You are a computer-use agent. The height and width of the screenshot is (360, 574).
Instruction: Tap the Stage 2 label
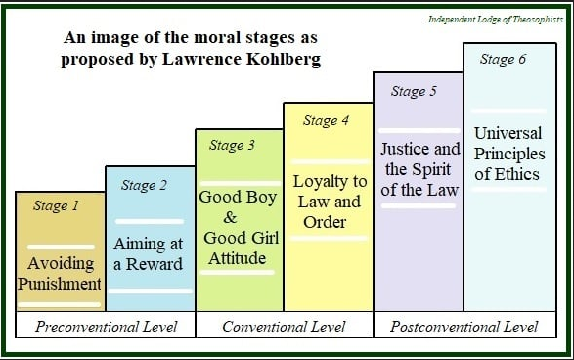pos(144,185)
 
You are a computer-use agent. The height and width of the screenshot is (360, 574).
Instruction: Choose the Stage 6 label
pos(503,59)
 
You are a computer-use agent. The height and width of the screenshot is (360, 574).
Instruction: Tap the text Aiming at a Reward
pos(148,253)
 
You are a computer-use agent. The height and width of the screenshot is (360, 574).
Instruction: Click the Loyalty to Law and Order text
pos(330,201)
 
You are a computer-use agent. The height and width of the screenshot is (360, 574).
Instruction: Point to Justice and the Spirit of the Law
pos(419,169)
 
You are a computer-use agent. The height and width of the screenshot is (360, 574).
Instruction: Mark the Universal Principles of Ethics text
pos(508,153)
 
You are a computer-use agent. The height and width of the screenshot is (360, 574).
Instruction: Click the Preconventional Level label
pos(106,326)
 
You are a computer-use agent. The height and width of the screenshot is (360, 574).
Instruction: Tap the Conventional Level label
pos(284,326)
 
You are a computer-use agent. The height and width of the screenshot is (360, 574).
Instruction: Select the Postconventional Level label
pos(464,326)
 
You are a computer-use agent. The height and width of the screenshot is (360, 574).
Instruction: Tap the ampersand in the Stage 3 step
pos(231,216)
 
